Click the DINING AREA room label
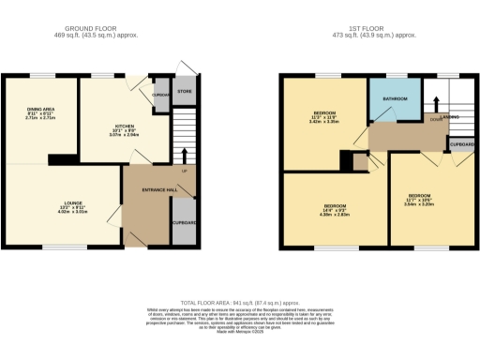tap(40, 110)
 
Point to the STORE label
tap(184, 92)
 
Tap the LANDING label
tap(450, 117)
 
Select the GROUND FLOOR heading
tap(96, 29)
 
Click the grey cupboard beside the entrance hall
tap(184, 222)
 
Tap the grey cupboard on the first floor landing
tap(460, 144)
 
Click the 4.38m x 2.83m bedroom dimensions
tap(336, 213)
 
